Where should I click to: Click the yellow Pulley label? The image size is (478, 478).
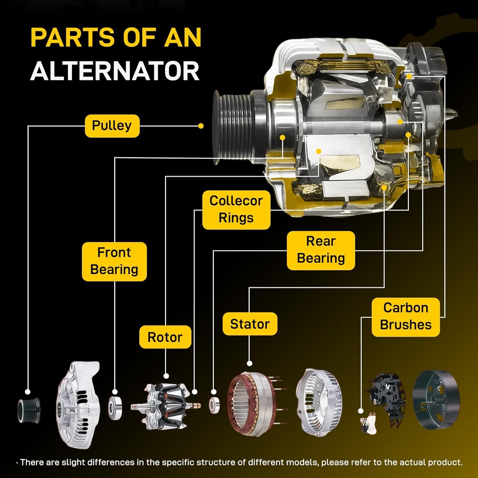pyautogui.click(x=112, y=126)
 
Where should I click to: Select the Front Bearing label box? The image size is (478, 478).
pyautogui.click(x=114, y=261)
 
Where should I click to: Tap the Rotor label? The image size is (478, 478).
pyautogui.click(x=165, y=337)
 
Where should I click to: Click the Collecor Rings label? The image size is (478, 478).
pyautogui.click(x=236, y=210)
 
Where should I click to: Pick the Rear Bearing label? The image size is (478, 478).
pyautogui.click(x=321, y=250)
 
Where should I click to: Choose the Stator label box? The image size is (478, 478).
pyautogui.click(x=250, y=324)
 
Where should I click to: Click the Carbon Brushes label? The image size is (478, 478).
pyautogui.click(x=405, y=317)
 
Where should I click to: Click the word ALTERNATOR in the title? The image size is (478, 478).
pyautogui.click(x=115, y=71)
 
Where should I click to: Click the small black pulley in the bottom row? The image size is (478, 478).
pyautogui.click(x=29, y=410)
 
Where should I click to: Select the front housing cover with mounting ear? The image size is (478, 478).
pyautogui.click(x=78, y=405)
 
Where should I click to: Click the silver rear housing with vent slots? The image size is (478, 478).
pyautogui.click(x=319, y=402)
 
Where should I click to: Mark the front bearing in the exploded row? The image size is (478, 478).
pyautogui.click(x=115, y=408)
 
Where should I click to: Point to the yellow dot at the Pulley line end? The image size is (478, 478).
pyautogui.click(x=201, y=126)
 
